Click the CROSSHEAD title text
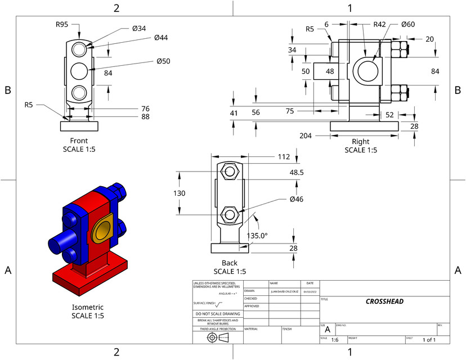[384, 301]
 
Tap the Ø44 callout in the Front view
[161, 38]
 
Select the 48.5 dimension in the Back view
[297, 172]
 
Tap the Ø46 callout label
[297, 199]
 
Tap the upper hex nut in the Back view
[229, 171]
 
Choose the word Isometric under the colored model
[88, 307]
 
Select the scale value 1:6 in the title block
[335, 340]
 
